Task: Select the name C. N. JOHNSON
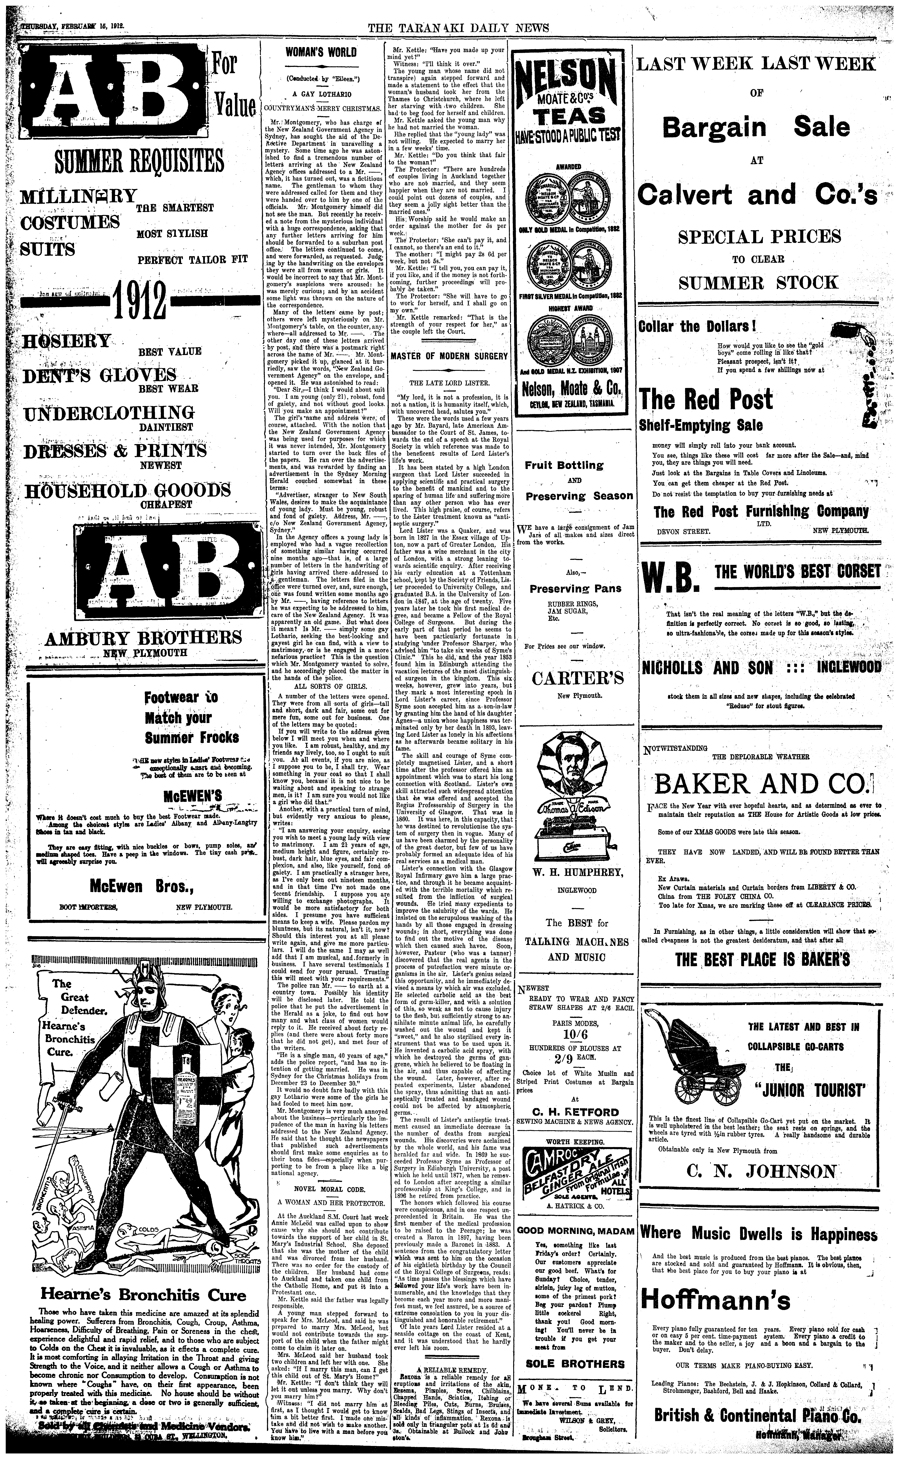(x=761, y=1333)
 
